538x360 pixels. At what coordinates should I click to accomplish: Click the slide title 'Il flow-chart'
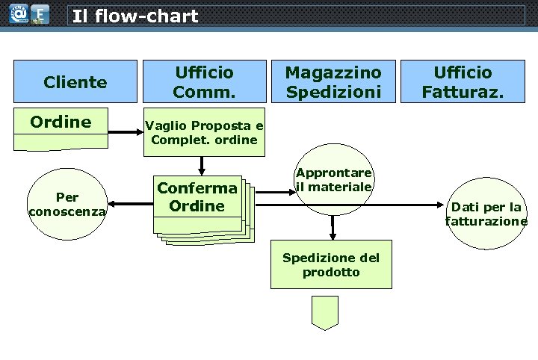(135, 16)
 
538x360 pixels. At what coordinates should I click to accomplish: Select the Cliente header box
(75, 81)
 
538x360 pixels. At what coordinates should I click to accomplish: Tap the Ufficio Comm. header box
(204, 81)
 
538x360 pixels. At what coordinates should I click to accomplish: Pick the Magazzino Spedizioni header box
(333, 81)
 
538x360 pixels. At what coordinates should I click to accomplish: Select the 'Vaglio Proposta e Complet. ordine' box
(204, 132)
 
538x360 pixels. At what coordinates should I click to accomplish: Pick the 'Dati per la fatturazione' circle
(486, 212)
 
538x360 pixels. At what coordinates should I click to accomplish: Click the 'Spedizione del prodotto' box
(330, 265)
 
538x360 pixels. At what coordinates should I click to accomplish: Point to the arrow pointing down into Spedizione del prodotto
(332, 228)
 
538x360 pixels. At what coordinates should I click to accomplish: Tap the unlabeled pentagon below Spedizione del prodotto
(325, 312)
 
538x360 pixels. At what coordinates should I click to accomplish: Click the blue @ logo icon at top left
(16, 14)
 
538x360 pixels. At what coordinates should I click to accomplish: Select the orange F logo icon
(40, 14)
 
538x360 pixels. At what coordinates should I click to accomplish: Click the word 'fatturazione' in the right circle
(486, 221)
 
